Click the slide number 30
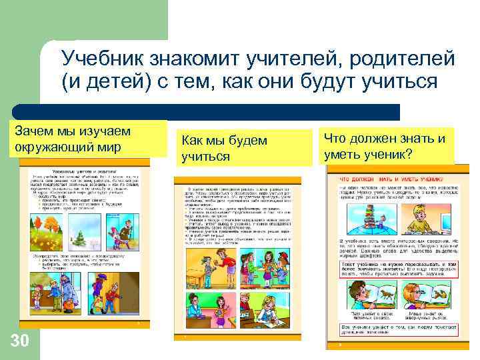point(20,341)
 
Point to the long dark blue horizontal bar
point(207,111)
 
